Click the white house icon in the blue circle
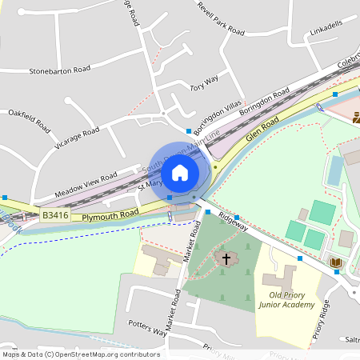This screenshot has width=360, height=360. (180, 172)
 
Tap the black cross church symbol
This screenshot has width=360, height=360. (226, 259)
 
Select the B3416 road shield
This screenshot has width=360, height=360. (56, 215)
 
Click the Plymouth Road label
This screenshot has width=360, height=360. (111, 214)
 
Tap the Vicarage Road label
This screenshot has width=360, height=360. (77, 138)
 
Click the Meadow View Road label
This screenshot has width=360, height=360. (86, 183)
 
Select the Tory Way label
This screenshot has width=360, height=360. (204, 83)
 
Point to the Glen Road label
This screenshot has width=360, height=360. (262, 129)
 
